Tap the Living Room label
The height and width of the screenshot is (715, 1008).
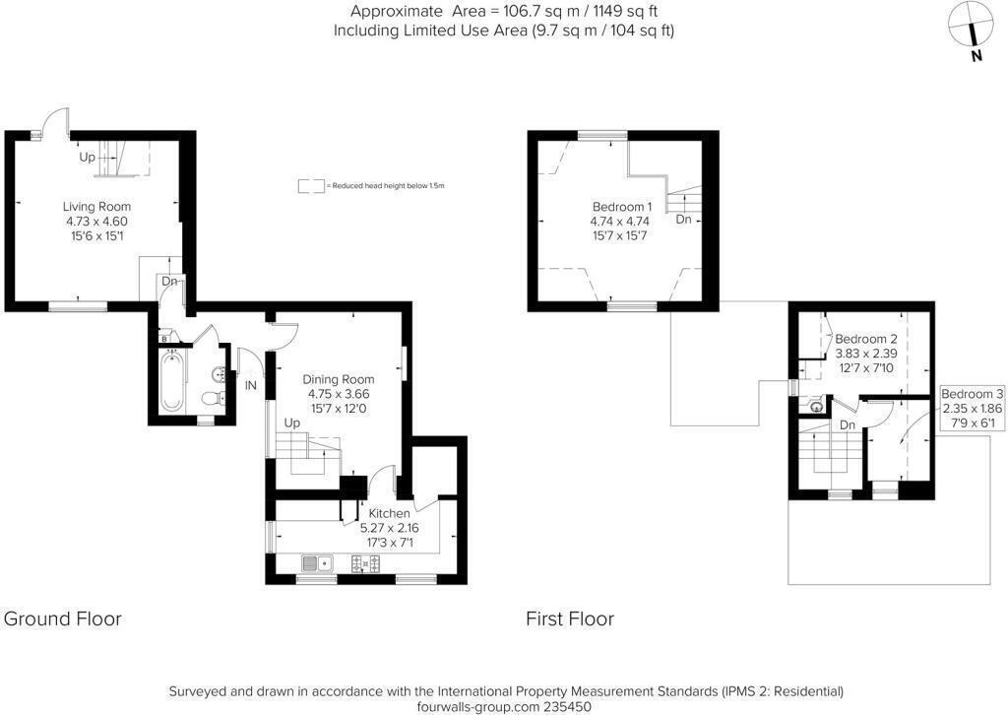tap(96, 207)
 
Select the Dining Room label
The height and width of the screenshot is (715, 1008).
tap(338, 379)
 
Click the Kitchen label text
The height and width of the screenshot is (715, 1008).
tap(389, 513)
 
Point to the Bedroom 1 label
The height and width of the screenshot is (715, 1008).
tap(621, 207)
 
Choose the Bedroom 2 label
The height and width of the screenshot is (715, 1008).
tap(866, 339)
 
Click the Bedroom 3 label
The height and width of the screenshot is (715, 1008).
tap(973, 394)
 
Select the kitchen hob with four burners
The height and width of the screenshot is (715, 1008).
tap(366, 563)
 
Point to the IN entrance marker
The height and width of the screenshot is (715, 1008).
tap(250, 385)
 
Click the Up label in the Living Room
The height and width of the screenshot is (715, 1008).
tap(88, 158)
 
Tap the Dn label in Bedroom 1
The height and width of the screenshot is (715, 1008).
tap(683, 220)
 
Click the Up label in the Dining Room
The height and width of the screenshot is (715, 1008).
tap(291, 422)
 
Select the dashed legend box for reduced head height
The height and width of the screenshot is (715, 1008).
tap(312, 185)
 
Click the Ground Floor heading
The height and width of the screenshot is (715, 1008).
tap(63, 618)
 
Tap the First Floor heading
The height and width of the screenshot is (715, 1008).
tap(569, 618)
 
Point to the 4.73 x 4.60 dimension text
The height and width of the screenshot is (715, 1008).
tap(96, 222)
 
